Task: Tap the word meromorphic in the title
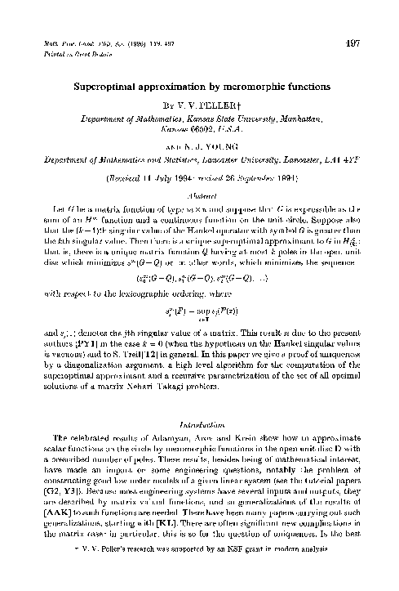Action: [245, 84]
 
